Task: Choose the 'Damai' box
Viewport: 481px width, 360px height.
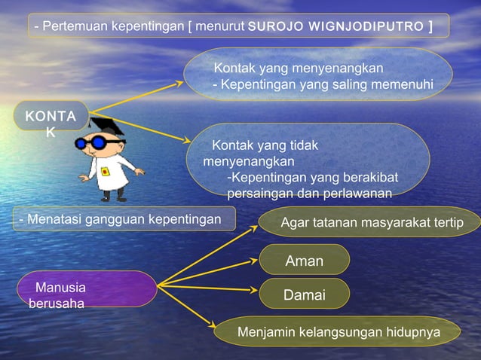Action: click(x=305, y=295)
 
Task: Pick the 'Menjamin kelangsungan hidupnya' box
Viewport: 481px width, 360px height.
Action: click(x=338, y=331)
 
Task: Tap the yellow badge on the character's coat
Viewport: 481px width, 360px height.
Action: click(x=106, y=172)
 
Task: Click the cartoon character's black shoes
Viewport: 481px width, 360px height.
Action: click(x=112, y=197)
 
